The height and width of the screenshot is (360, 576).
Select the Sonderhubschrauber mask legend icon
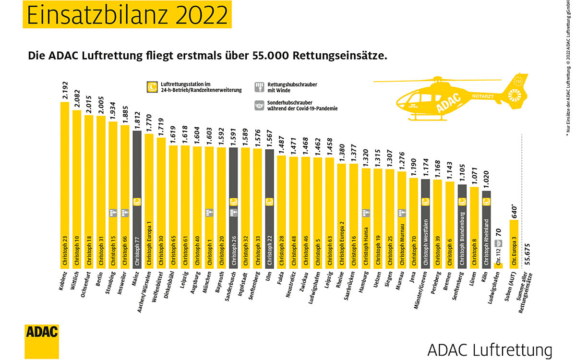pyautogui.click(x=260, y=106)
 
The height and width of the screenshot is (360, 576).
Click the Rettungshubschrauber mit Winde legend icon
pyautogui.click(x=260, y=87)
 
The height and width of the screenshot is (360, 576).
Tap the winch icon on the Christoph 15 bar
pyautogui.click(x=113, y=213)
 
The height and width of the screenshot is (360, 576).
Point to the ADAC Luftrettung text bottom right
pyautogui.click(x=489, y=349)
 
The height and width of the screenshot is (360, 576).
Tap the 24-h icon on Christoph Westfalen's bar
pyautogui.click(x=425, y=202)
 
